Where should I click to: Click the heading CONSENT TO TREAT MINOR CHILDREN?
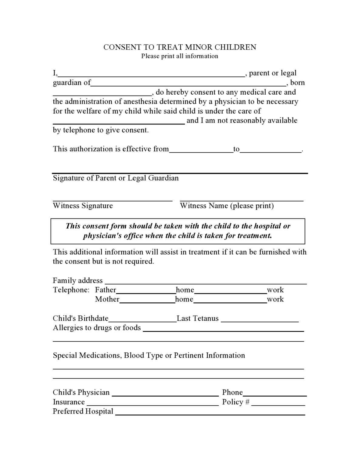(180, 47)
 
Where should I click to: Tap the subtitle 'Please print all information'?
(180, 56)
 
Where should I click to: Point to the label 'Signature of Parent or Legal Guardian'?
(116, 178)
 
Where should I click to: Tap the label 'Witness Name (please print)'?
(227, 206)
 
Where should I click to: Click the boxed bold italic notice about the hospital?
(178, 231)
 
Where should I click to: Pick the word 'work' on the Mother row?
(275, 299)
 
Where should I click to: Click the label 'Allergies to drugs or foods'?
(97, 328)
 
